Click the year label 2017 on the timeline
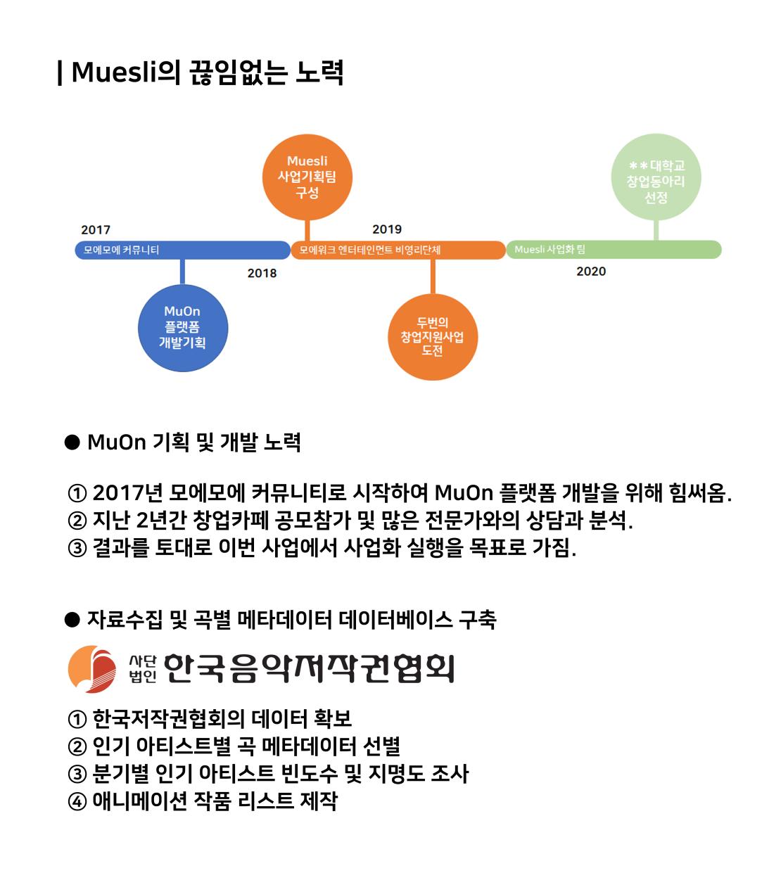pos(96,229)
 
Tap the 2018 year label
pos(262,273)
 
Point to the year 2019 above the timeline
pos(387,229)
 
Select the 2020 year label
pos(591,272)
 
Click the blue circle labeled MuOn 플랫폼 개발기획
pos(183,328)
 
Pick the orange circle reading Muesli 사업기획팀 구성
pos(307,177)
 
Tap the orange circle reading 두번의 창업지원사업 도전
pos(433,337)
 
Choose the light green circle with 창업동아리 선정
pos(656,177)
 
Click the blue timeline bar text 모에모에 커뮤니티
pos(121,250)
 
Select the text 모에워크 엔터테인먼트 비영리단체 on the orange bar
pos(370,250)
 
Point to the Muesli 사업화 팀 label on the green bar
pos(550,250)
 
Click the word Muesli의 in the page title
pos(125,72)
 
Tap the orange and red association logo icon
pos(92,669)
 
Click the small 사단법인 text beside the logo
pos(143,669)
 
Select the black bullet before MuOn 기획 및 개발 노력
pos(72,442)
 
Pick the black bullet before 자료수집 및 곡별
pos(72,620)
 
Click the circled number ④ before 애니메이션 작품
pos(77,802)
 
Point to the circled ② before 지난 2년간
pos(77,521)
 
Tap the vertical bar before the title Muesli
pos(60,73)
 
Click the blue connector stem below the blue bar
pos(183,272)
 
